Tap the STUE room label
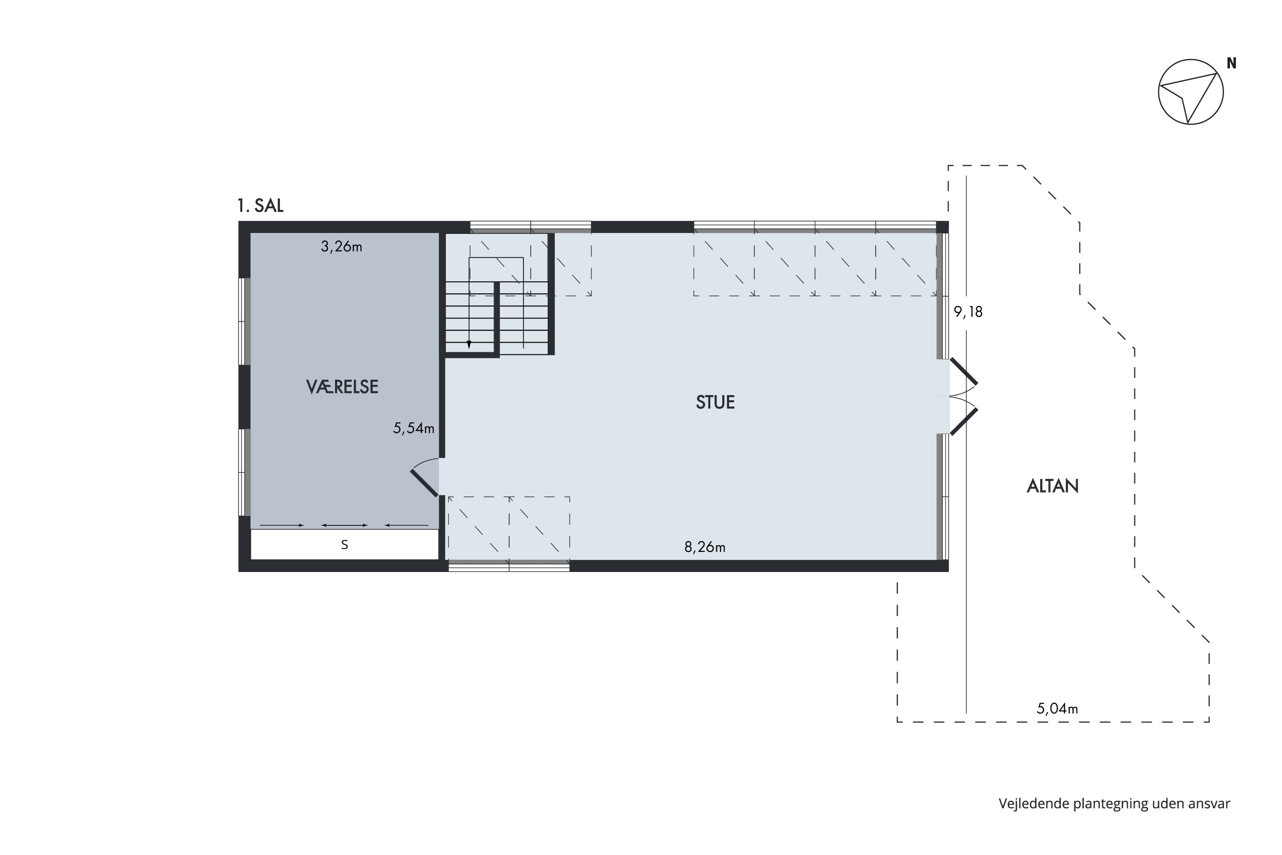[715, 402]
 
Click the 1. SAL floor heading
[261, 206]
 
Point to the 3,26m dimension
[341, 247]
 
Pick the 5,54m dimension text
[414, 429]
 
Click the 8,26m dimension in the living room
[705, 547]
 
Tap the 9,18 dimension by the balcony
[968, 312]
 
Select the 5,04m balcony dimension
[1057, 708]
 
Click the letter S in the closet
[344, 545]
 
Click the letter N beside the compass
[1231, 64]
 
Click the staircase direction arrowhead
[469, 345]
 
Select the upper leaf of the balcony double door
[964, 371]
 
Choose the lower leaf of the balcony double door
[964, 421]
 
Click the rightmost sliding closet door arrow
[407, 525]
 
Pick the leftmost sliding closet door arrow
[282, 525]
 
